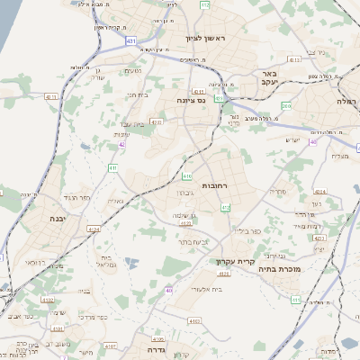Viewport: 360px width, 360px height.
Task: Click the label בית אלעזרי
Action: tap(193, 291)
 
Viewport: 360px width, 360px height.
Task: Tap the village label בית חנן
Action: tap(137, 94)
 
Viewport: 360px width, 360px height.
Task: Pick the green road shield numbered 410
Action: tap(186, 175)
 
